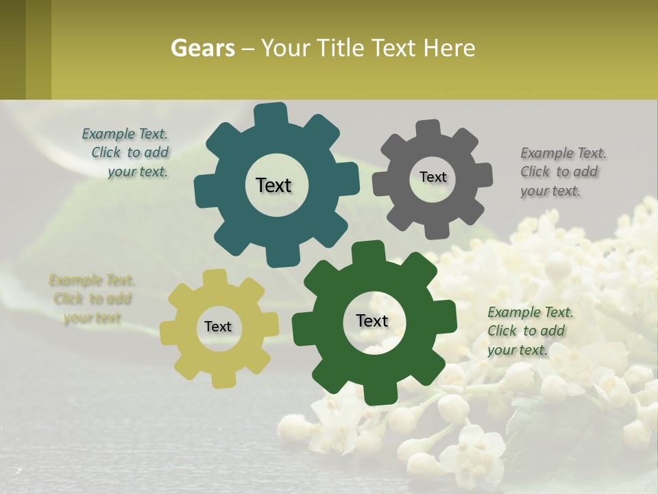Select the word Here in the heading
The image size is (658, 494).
tap(449, 48)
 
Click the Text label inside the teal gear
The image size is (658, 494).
tap(273, 185)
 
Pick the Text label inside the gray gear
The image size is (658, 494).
tap(432, 177)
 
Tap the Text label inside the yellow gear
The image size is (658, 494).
tap(218, 327)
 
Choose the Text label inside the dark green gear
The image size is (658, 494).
tap(372, 320)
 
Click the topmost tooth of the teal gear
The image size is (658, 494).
tap(271, 114)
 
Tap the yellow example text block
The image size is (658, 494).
tap(91, 298)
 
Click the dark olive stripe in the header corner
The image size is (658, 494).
tap(12, 49)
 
